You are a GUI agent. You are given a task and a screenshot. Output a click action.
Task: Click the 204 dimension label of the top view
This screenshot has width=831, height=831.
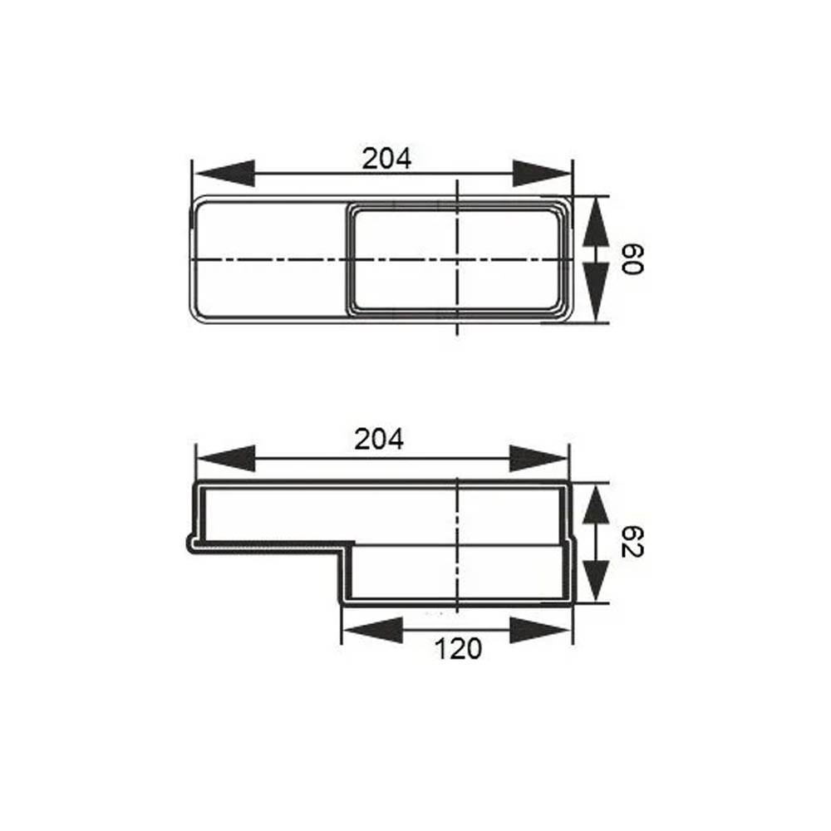click(x=386, y=159)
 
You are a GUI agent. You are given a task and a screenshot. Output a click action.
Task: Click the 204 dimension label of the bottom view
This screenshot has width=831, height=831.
click(x=379, y=440)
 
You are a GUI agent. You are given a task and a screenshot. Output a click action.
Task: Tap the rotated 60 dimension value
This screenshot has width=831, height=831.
click(x=632, y=259)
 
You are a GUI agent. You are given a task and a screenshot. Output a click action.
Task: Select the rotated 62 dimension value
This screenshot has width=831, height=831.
click(x=632, y=542)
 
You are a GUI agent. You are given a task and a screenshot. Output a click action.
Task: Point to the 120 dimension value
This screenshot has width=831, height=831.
click(x=458, y=649)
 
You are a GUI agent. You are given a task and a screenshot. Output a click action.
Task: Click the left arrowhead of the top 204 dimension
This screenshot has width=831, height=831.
click(x=224, y=173)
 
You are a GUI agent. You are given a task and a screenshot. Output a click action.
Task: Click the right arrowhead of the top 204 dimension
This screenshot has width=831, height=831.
click(x=542, y=173)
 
